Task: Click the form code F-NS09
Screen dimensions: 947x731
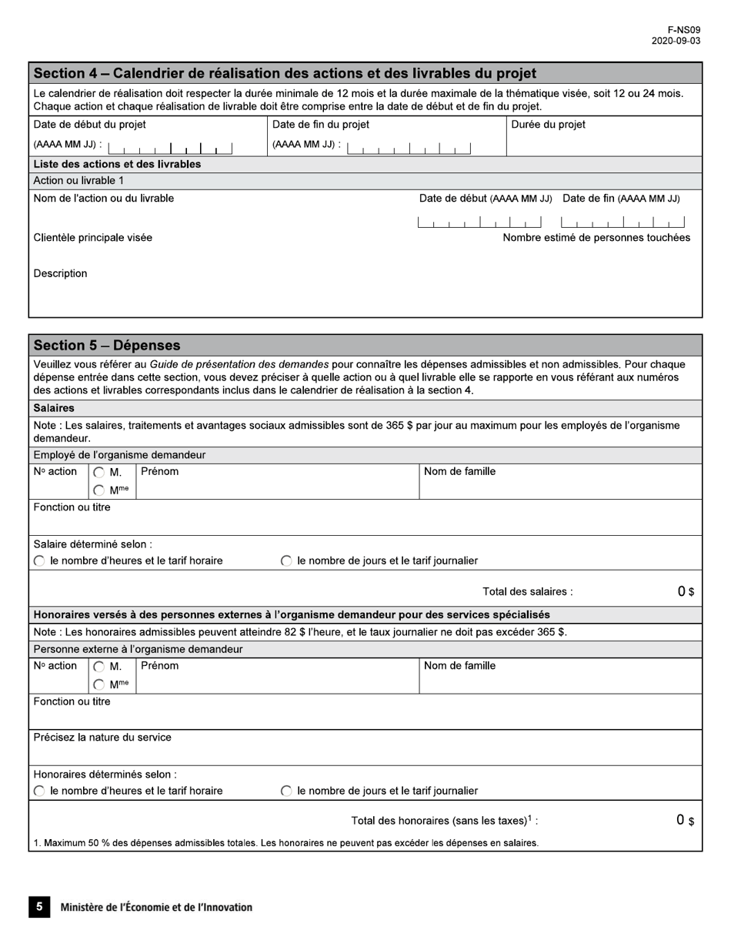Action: (x=684, y=30)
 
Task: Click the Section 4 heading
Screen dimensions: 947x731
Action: (x=285, y=74)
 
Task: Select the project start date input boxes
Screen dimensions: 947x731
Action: (x=170, y=148)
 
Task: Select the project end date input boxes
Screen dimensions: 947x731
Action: (x=409, y=148)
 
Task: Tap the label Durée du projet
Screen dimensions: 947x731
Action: (x=548, y=125)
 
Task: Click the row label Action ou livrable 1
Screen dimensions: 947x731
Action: (x=78, y=181)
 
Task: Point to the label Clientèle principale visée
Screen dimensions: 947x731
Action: (x=92, y=238)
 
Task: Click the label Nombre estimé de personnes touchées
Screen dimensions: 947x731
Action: (x=596, y=238)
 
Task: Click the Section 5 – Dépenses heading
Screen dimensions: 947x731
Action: (x=107, y=346)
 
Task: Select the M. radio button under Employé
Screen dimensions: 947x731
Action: (x=99, y=473)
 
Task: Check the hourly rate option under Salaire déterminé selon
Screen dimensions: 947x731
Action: (x=39, y=561)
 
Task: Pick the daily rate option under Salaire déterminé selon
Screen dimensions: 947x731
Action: (x=286, y=561)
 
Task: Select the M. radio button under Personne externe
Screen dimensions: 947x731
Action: (x=99, y=668)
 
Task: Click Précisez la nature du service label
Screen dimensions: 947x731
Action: (x=102, y=738)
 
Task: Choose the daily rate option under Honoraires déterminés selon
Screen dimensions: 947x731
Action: (x=286, y=791)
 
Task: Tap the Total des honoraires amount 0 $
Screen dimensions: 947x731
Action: (x=685, y=821)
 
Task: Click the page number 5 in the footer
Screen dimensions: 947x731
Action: (x=39, y=907)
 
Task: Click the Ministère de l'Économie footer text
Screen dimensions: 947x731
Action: (x=156, y=908)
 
